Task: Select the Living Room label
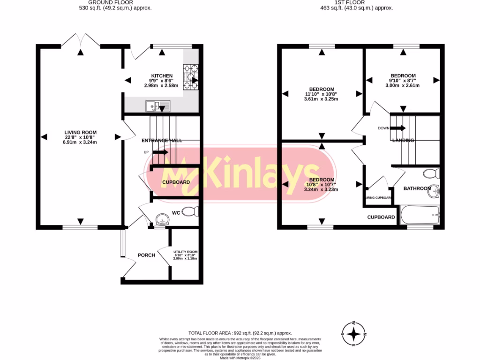80,132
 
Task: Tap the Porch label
146,255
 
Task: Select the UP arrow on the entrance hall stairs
159,152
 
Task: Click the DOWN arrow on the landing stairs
397,128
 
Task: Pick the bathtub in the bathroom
420,216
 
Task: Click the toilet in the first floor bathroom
431,174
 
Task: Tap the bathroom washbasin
435,191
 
